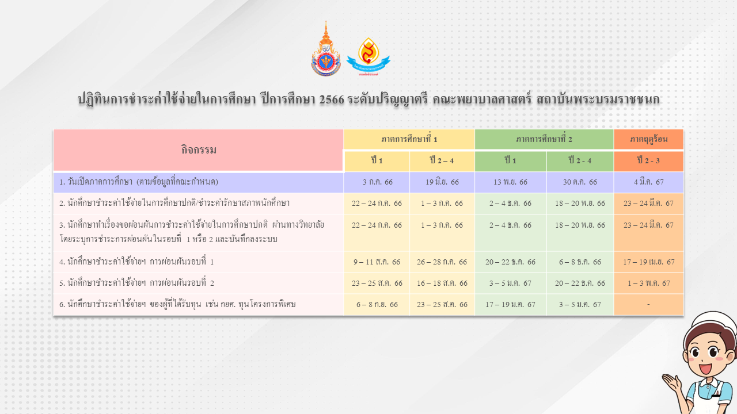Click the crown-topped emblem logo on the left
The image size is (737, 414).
tap(326, 49)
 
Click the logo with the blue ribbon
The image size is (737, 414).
tap(368, 56)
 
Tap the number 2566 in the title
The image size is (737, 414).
tap(332, 99)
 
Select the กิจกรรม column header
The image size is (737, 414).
tap(199, 150)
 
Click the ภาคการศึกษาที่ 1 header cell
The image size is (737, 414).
tap(409, 139)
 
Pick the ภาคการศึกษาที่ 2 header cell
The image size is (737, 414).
tap(544, 139)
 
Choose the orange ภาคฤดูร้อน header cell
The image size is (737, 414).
tap(649, 139)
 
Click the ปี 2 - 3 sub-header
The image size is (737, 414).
tap(649, 161)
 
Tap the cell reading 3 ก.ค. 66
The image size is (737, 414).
tap(377, 182)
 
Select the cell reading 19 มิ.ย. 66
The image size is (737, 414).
tap(442, 182)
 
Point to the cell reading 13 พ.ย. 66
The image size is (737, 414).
tap(511, 182)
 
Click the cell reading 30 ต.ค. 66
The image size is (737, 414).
tap(580, 182)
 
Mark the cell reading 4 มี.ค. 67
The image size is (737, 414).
tap(649, 182)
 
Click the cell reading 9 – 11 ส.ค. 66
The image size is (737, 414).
tap(377, 262)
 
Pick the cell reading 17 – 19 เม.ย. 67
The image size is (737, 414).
tap(649, 262)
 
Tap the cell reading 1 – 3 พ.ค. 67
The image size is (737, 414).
tap(649, 283)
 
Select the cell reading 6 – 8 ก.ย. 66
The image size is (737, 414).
tap(377, 305)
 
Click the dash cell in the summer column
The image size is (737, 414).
tap(649, 305)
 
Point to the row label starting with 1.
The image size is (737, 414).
tap(139, 182)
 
